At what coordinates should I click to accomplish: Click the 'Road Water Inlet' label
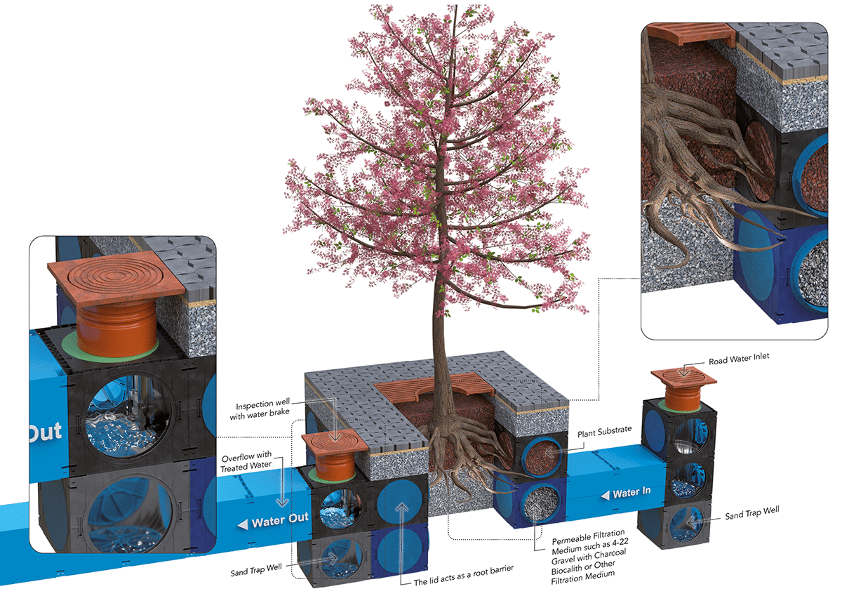click(739, 357)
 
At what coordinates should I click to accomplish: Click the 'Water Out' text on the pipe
click(279, 522)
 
